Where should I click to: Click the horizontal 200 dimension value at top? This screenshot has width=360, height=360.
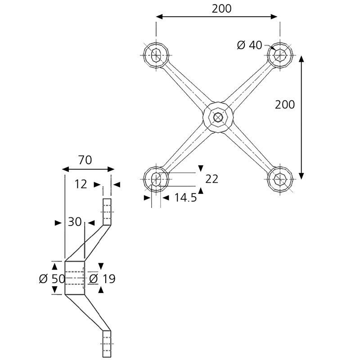(x=221, y=9)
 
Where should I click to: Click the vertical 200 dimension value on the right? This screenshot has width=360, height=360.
(x=285, y=105)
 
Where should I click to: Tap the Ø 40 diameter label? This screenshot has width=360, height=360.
(x=249, y=45)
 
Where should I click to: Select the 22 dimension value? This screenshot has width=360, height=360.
(x=211, y=179)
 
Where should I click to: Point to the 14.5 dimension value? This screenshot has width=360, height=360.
(x=186, y=198)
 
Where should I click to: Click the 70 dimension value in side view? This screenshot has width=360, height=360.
(x=85, y=160)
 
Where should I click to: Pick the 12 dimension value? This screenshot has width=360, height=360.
(x=81, y=184)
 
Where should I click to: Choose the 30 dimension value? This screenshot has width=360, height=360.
(x=75, y=222)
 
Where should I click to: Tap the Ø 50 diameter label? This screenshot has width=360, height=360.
(x=52, y=279)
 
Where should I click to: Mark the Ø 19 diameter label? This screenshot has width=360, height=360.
(x=102, y=279)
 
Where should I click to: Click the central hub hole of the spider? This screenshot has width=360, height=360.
(x=218, y=117)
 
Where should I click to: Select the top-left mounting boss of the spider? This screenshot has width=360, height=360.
(x=156, y=55)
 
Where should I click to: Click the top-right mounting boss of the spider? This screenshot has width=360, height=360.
(x=280, y=55)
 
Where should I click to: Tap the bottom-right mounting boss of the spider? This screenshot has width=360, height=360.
(x=280, y=179)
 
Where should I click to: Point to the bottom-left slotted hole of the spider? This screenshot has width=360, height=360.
(x=156, y=179)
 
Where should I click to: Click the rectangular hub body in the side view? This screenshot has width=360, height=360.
(x=75, y=278)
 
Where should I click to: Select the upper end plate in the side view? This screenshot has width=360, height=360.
(x=107, y=212)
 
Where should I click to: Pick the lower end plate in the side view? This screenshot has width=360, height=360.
(x=107, y=344)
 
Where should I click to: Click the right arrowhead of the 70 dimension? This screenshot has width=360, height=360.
(x=111, y=170)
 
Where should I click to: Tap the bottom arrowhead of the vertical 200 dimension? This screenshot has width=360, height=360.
(x=301, y=176)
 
